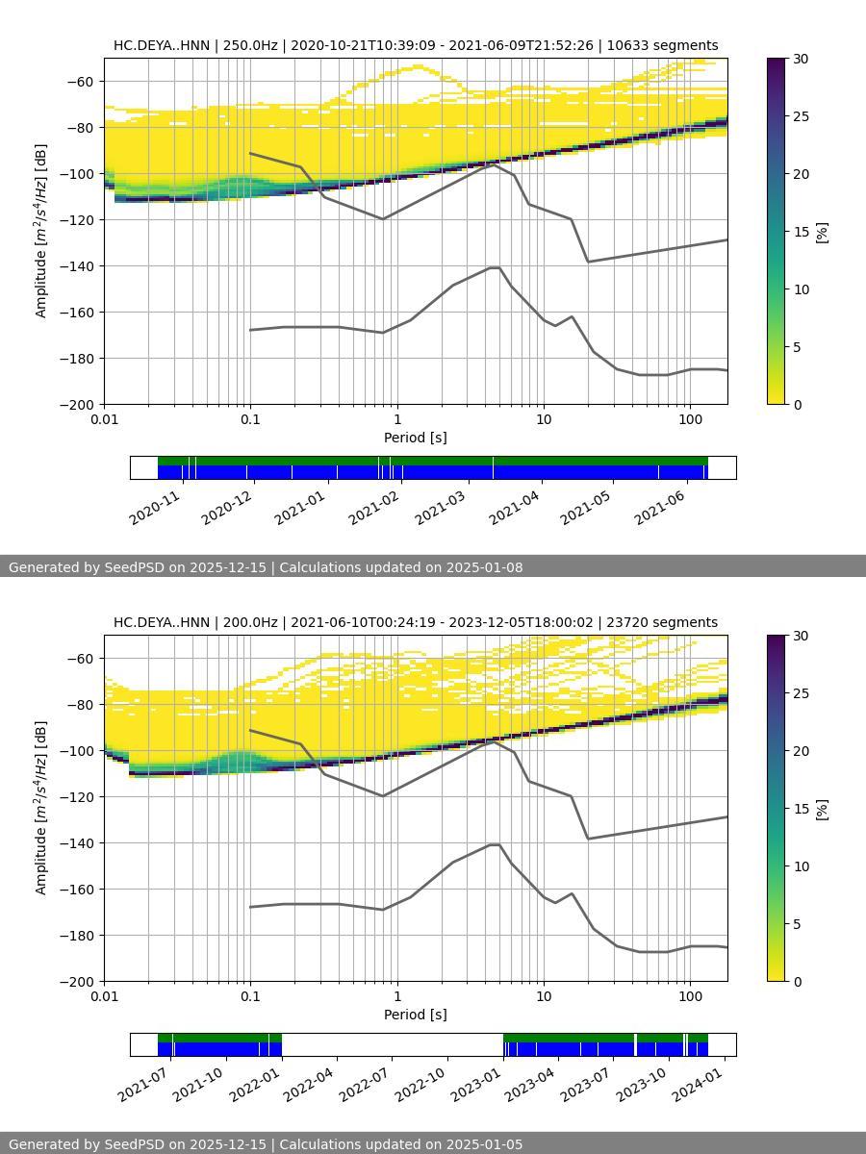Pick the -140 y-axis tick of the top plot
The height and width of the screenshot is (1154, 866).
tap(78, 265)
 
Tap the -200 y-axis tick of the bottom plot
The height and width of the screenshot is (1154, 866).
tap(78, 981)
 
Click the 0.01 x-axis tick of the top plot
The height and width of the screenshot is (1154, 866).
tap(104, 418)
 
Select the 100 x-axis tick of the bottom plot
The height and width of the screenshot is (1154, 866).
tap(690, 995)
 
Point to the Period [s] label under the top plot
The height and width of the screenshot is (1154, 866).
tap(415, 438)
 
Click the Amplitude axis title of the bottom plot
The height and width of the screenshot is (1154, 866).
tap(41, 808)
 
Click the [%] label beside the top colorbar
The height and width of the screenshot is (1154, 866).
tap(822, 232)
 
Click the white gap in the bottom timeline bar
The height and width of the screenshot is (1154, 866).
tap(392, 1044)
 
